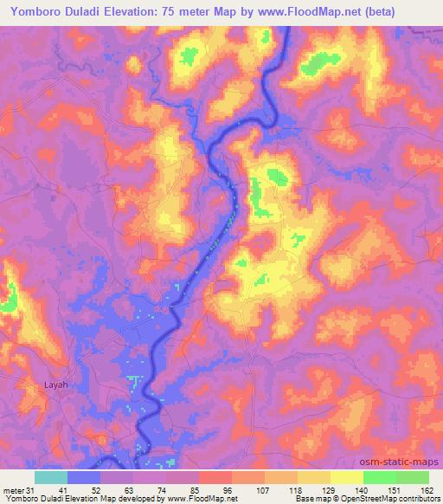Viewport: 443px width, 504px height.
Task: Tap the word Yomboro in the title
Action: tap(32, 11)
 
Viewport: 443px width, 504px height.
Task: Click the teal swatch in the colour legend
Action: tap(50, 477)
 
